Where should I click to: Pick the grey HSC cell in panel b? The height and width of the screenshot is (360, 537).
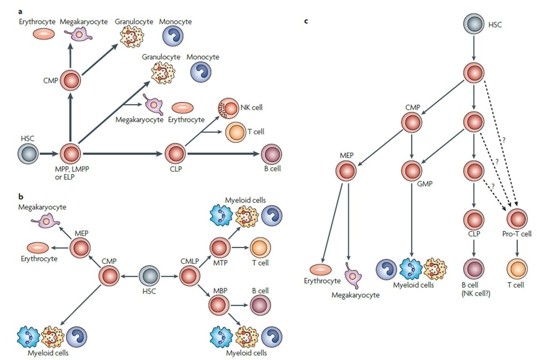(x=149, y=275)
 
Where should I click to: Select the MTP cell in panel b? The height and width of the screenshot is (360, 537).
(x=219, y=248)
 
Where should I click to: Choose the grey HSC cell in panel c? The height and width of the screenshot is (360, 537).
(x=473, y=23)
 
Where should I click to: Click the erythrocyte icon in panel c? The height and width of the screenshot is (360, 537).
(x=320, y=269)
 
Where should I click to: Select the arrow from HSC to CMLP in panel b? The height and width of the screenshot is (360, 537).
(x=169, y=275)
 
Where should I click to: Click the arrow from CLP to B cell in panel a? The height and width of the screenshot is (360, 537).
(x=224, y=154)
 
